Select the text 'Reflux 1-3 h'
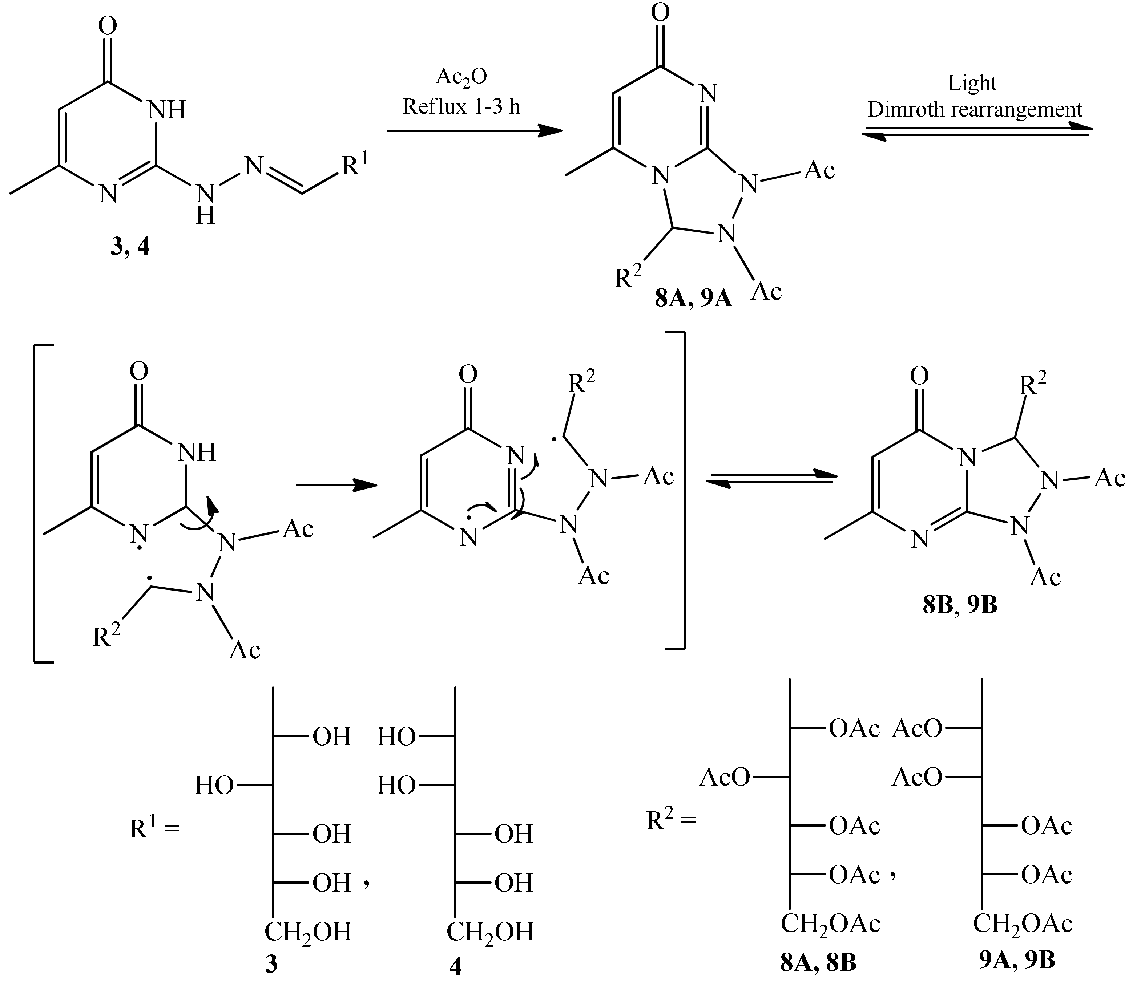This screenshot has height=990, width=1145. pos(461,106)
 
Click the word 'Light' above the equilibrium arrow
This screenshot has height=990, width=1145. pos(972,83)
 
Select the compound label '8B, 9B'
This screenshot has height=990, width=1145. pos(960,605)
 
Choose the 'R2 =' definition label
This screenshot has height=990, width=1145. pos(671,821)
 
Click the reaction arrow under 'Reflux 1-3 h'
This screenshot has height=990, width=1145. pos(474,131)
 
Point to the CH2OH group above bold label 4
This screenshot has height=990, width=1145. pos(490,932)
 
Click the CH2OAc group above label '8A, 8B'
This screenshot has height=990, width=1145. pos(830,924)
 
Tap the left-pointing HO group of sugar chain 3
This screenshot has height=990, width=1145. pos(214,785)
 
